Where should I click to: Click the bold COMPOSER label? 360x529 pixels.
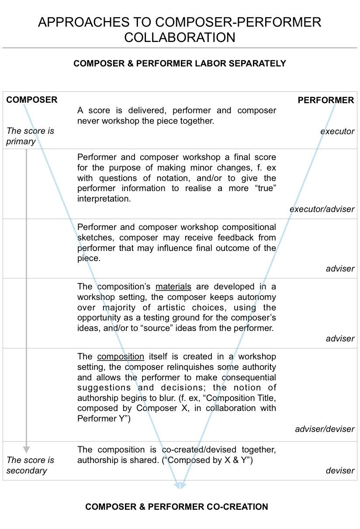[31, 100]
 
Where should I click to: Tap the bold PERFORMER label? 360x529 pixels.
[325, 100]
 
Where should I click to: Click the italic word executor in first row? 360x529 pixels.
[337, 131]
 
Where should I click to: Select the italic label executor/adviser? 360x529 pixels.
[322, 209]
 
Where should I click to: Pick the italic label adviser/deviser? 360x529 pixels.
[325, 429]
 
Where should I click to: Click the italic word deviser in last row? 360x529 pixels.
[340, 470]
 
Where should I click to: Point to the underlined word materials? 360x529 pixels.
[173, 287]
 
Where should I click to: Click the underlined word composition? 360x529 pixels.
[121, 357]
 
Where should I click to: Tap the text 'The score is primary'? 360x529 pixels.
[30, 136]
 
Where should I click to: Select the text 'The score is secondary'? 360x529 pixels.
[30, 465]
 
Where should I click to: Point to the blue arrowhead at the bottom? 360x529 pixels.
[180, 485]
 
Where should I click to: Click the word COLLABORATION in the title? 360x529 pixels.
[180, 37]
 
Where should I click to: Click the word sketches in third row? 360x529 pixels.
[96, 238]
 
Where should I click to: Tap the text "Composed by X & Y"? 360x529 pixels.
[210, 460]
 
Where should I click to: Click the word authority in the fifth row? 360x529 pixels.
[256, 367]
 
